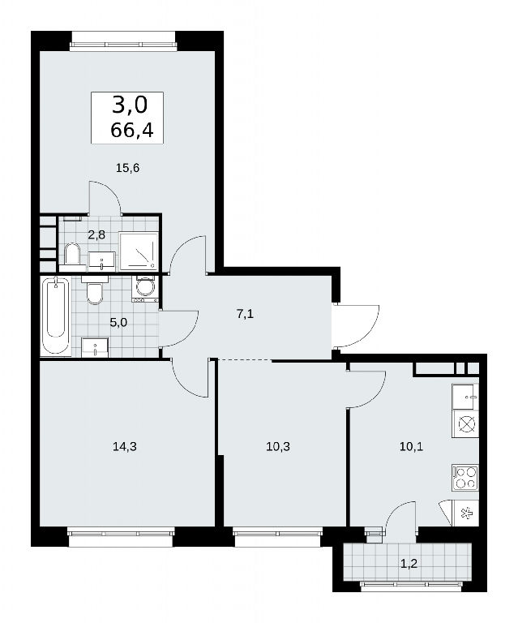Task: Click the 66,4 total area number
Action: point(132,130)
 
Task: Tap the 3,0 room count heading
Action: point(130,105)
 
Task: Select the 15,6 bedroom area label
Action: point(127,168)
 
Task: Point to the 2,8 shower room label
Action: point(96,234)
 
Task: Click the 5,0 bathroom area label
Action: point(118,322)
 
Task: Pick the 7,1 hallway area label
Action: point(245,314)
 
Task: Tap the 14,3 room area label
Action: point(125,447)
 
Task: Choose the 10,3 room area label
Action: point(278,447)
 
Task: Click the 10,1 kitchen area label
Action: point(411,447)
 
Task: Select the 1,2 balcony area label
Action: point(409,564)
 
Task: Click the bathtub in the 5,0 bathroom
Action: point(56,316)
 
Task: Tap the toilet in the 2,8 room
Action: point(72,253)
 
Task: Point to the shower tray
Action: point(138,251)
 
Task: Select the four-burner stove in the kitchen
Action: point(465,478)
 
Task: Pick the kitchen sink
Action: point(465,397)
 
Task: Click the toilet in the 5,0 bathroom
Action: point(95,291)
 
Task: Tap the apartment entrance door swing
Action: point(357,327)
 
